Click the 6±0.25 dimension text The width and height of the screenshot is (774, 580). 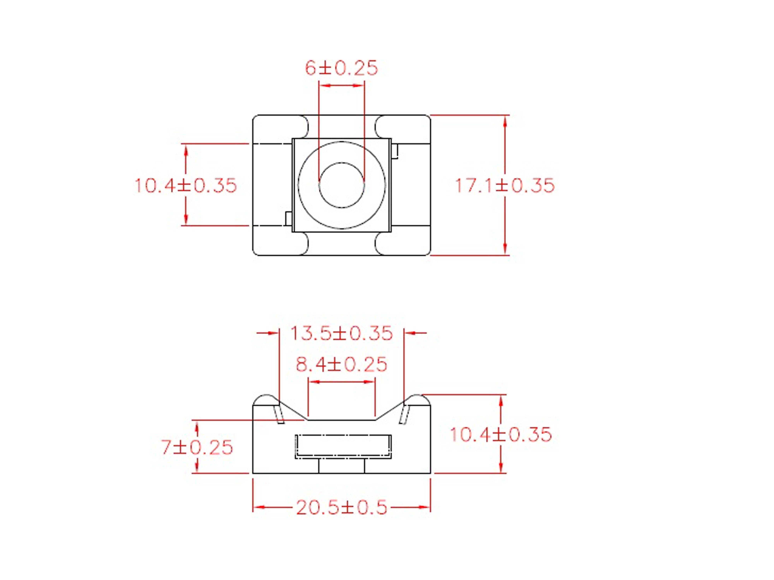pyautogui.click(x=341, y=68)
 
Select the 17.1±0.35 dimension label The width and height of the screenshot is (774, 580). pyautogui.click(x=505, y=185)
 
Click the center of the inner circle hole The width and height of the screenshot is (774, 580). pyautogui.click(x=342, y=185)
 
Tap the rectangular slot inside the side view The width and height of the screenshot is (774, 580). pyautogui.click(x=343, y=446)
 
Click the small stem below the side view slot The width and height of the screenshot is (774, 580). pyautogui.click(x=342, y=466)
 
